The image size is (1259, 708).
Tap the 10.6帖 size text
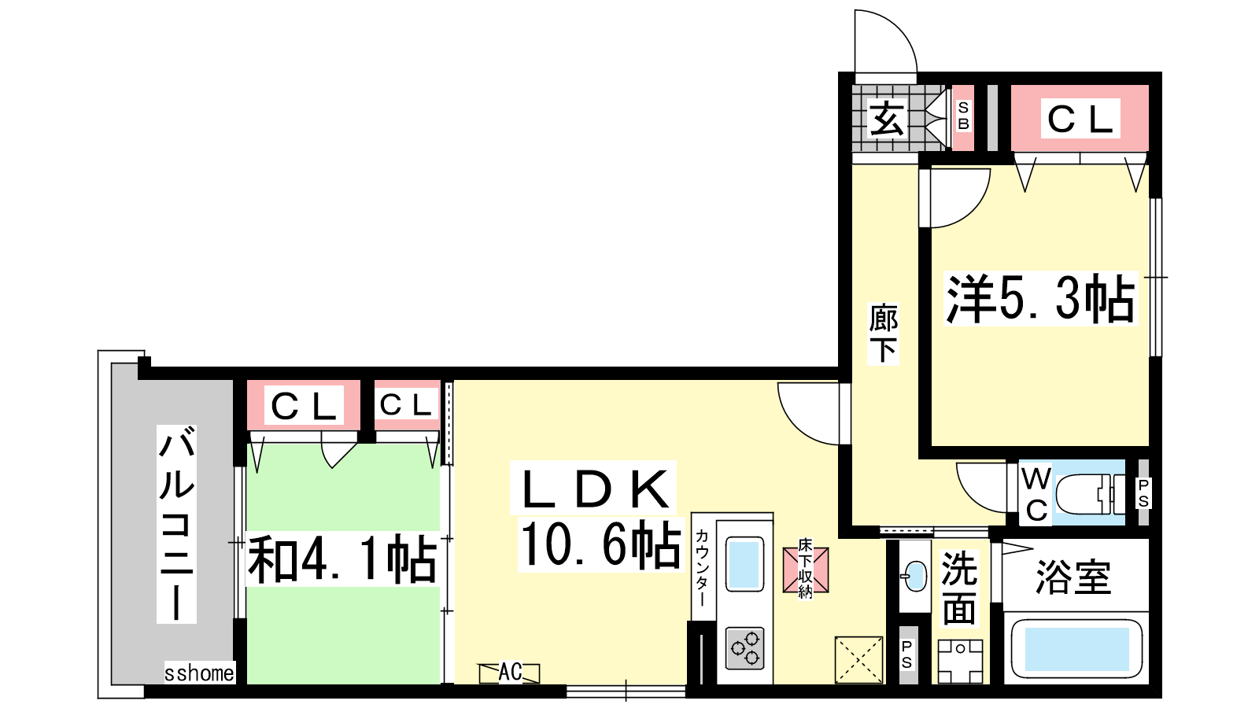(x=600, y=544)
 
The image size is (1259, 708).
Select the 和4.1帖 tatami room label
(x=342, y=559)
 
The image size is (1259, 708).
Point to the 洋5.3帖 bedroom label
(x=1040, y=298)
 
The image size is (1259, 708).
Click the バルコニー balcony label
(x=176, y=524)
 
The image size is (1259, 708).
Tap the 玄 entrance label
(x=886, y=119)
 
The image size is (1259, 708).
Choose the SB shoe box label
(x=963, y=116)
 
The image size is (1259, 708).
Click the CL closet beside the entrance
(x=1080, y=119)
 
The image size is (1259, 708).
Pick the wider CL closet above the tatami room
(x=304, y=405)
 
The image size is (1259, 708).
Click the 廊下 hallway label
(x=883, y=334)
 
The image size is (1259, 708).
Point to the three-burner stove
(x=744, y=648)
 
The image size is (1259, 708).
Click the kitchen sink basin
(x=744, y=564)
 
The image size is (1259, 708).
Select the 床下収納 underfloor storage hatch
(x=806, y=570)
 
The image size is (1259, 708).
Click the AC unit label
(x=510, y=672)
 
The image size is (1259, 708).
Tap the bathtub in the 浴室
(x=1077, y=649)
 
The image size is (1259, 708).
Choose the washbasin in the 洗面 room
(x=914, y=576)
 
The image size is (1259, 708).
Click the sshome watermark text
(x=199, y=673)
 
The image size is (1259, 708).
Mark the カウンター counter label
(x=701, y=567)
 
